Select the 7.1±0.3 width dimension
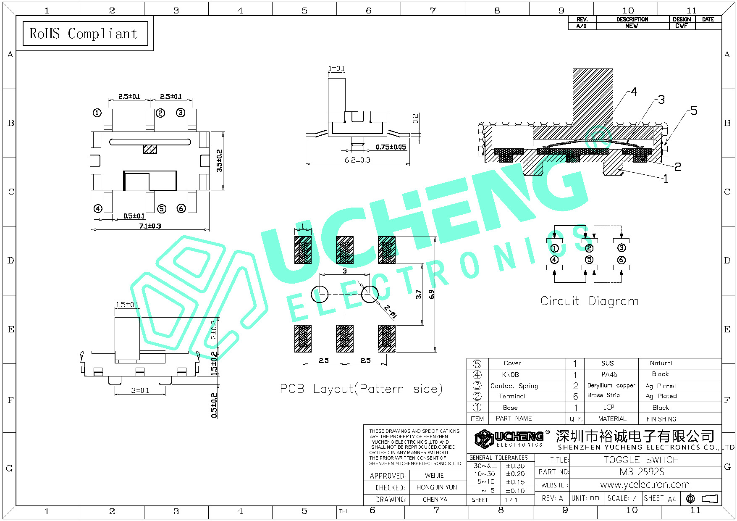150,226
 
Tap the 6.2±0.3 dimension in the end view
357,160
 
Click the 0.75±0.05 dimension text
391,147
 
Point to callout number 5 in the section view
694,111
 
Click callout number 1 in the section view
666,179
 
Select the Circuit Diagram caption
590,301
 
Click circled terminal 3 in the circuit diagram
622,248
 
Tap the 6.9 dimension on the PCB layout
431,294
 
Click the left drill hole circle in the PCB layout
320,294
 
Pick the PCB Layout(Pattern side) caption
361,389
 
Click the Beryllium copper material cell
611,385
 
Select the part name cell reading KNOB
510,374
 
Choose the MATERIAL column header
612,419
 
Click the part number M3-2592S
642,472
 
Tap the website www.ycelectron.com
645,484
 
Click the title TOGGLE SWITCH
641,460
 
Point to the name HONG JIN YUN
436,487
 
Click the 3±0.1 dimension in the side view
140,390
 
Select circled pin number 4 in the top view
98,209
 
